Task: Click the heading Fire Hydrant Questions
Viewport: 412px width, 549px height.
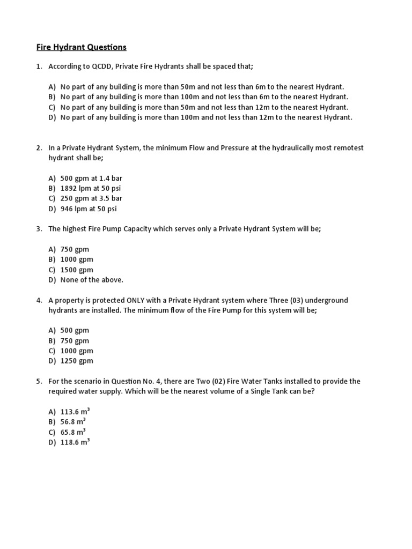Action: [x=82, y=47]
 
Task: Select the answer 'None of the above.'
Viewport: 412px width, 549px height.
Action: [x=92, y=280]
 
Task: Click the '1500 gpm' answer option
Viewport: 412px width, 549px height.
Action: [x=77, y=270]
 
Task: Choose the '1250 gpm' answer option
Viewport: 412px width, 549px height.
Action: [x=77, y=361]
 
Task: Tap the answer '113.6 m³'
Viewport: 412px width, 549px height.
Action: [x=75, y=412]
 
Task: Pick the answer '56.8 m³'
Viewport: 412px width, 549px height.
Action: [x=73, y=422]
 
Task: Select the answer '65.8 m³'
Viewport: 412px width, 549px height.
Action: [x=73, y=432]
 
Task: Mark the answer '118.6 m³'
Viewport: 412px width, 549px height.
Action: [x=75, y=442]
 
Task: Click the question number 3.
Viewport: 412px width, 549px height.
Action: [x=39, y=229]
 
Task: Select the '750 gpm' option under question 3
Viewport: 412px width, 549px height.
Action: [x=75, y=249]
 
